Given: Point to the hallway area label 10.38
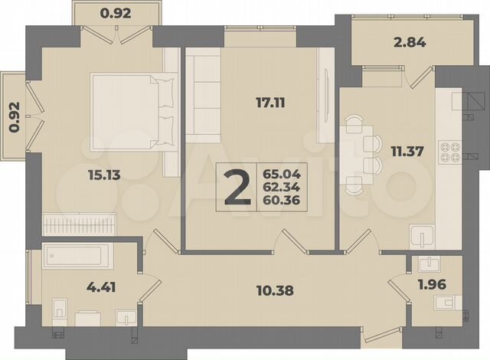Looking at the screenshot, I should pyautogui.click(x=275, y=290).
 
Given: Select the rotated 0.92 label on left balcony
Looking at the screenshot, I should pyautogui.click(x=12, y=116).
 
